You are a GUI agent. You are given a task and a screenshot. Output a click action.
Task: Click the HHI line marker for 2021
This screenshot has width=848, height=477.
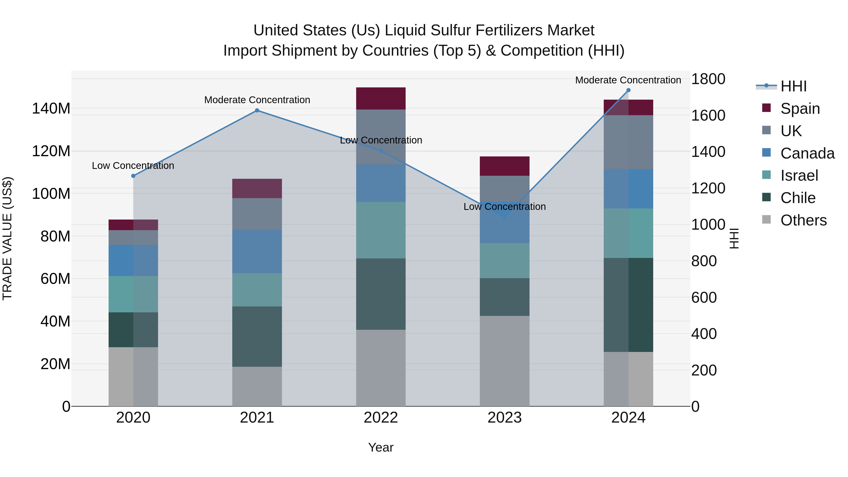pos(257,111)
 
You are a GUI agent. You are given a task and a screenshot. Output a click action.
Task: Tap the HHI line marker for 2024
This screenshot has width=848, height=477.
pos(628,90)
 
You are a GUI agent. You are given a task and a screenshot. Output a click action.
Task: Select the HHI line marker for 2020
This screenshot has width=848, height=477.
pos(133,176)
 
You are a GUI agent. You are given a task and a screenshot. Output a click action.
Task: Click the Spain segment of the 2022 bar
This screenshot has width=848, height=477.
pos(381,98)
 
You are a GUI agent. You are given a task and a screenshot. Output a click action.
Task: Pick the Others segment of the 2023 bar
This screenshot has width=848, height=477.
pos(504,361)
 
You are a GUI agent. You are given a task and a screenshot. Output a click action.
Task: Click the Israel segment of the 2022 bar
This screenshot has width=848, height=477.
pos(381,230)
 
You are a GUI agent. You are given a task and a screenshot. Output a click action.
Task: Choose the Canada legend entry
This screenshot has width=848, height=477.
pos(807,153)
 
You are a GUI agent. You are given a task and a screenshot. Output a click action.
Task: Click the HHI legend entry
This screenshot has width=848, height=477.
pos(793,86)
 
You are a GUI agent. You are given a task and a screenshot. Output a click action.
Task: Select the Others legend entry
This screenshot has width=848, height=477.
pos(803,220)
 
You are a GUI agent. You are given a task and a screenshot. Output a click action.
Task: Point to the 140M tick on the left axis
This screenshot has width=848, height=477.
pos(51,109)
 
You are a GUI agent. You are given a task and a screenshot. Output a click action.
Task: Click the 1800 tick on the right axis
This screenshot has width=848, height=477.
pos(708,79)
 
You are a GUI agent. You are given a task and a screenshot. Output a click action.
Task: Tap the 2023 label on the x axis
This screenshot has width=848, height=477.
pos(504,418)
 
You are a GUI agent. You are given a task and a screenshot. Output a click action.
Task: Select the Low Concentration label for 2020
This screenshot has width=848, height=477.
pos(133,166)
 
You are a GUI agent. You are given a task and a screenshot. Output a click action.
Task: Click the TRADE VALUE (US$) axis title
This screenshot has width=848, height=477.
pos(7,238)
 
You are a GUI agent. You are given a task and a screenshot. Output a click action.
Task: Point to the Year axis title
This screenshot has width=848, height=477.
pos(381,447)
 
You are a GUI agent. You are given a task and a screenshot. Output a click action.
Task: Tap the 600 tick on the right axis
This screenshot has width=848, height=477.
pos(704,298)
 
